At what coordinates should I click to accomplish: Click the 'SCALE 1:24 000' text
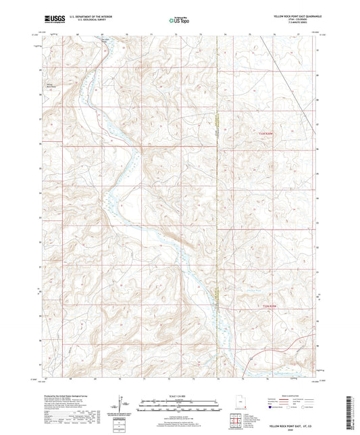179,395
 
